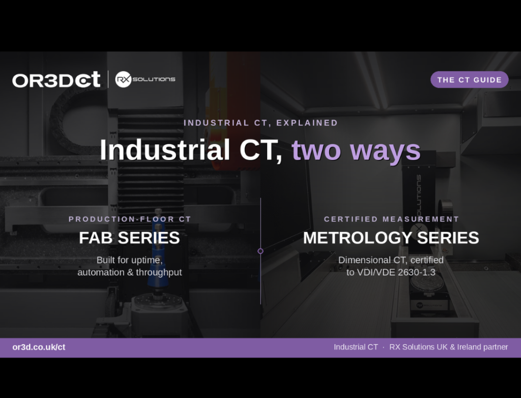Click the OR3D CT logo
[56, 79]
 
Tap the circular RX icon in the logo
[123, 79]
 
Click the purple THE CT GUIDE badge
[470, 80]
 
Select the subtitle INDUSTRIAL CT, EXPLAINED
[261, 123]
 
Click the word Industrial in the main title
[165, 150]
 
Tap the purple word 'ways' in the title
[386, 152]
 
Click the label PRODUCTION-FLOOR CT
[130, 219]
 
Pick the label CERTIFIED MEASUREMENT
[391, 219]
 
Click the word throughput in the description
[159, 273]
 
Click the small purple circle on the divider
[260, 251]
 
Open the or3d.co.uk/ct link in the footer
[39, 347]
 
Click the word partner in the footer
[496, 347]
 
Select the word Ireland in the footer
[469, 347]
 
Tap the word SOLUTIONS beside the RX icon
[154, 79]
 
